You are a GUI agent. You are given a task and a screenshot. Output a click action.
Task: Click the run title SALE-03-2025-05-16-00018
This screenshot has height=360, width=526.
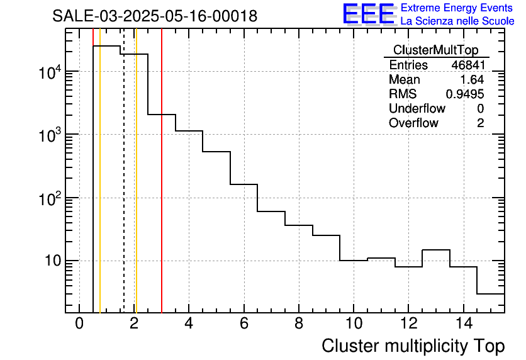(155, 16)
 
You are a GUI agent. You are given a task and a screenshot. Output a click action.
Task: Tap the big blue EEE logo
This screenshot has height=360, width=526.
(369, 14)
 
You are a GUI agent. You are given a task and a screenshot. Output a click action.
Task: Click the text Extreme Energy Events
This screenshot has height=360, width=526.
(457, 8)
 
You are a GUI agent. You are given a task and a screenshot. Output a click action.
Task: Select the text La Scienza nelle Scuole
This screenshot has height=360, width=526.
(457, 21)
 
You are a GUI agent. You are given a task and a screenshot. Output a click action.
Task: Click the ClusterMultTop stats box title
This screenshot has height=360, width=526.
(435, 50)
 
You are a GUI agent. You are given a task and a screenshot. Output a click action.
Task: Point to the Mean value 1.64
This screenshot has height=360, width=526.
(473, 80)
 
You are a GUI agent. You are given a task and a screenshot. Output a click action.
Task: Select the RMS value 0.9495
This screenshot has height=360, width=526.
(465, 94)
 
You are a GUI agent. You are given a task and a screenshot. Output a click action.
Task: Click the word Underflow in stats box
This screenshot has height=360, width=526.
(417, 109)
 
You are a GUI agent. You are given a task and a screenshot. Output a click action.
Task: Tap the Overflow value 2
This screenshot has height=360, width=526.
(480, 123)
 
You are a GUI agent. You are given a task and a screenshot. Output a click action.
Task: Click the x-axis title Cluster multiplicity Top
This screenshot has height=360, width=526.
(413, 346)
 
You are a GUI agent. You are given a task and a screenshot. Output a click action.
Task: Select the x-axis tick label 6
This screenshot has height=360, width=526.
(243, 323)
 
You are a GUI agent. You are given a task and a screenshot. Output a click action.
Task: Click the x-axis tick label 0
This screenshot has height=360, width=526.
(79, 323)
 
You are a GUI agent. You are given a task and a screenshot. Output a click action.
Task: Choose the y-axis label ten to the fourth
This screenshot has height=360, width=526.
(49, 73)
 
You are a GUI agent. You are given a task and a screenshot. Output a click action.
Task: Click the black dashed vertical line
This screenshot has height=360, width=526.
(123, 189)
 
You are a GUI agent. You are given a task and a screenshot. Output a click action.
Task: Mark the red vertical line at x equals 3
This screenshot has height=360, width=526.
(162, 189)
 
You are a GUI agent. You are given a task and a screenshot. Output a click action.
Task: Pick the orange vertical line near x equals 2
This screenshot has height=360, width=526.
(136, 189)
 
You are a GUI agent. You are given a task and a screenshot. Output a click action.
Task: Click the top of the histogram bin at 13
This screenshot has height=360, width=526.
(435, 250)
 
